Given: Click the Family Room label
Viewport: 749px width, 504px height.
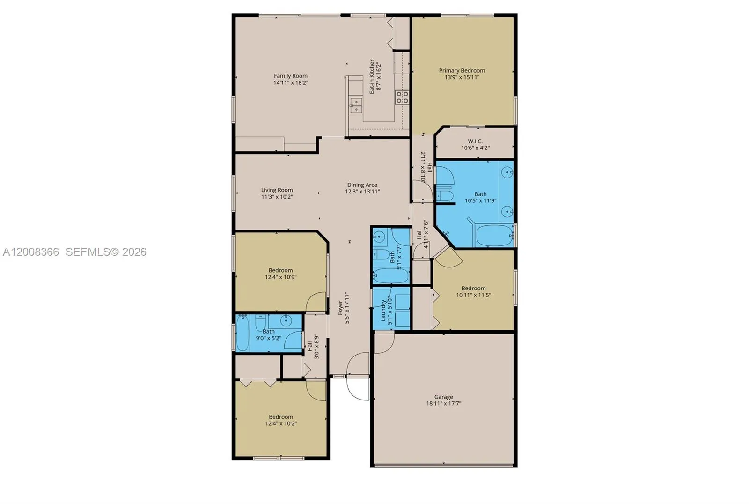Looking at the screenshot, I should click(x=291, y=76).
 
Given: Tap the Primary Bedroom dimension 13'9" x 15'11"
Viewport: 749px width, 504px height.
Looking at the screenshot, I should click(x=462, y=77).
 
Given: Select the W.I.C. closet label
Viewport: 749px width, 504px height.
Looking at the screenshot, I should click(x=475, y=141).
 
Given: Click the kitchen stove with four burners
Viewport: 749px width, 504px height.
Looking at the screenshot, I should click(x=402, y=97).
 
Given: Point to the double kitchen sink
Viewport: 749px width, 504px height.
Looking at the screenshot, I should click(x=356, y=105).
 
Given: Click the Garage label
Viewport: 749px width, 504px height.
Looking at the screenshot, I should click(x=443, y=397).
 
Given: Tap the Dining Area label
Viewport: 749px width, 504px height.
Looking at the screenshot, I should click(x=362, y=185).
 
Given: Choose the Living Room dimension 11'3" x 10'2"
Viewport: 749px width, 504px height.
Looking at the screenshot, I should click(x=277, y=197).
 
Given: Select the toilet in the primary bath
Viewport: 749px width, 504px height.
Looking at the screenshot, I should click(x=444, y=195).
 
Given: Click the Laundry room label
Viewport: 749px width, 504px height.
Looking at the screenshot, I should click(x=383, y=310).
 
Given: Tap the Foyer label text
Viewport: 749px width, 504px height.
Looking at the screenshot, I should click(x=340, y=308).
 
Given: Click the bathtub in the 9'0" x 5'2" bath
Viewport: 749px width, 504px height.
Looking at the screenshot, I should click(x=243, y=333).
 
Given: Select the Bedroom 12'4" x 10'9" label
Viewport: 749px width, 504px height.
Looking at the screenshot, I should click(x=281, y=270).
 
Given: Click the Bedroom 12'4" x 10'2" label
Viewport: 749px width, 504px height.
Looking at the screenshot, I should click(x=281, y=417).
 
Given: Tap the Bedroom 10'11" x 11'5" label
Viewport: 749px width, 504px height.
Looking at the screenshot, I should click(x=473, y=288).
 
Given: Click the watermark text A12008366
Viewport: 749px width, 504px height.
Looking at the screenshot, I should click(x=31, y=252).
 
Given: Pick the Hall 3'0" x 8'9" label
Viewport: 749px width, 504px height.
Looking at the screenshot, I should click(x=309, y=346).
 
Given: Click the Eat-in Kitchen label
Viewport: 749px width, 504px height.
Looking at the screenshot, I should click(x=372, y=76).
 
